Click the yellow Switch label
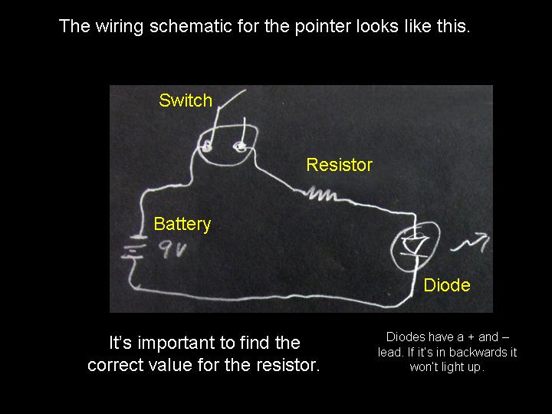point(186,100)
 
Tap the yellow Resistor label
point(339,165)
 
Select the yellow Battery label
point(182,224)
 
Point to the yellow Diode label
point(447,286)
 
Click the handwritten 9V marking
point(173,250)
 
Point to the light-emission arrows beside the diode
point(470,245)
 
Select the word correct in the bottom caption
point(114,365)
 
